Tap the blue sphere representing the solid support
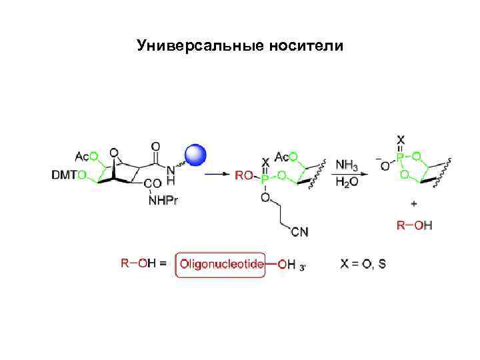tap(195, 155)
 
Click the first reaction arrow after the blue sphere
tap(217, 175)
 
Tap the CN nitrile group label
tap(299, 231)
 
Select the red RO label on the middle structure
tap(243, 175)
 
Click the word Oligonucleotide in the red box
tap(221, 263)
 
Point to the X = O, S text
tap(363, 263)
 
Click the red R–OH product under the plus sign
tap(415, 225)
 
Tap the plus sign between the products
tap(414, 203)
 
